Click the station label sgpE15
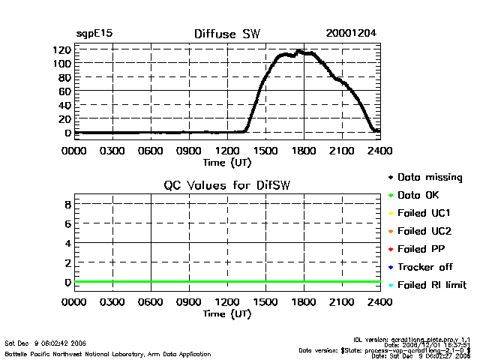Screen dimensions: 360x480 [x=94, y=34]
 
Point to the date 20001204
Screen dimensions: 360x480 [x=350, y=34]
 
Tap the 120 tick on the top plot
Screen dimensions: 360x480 [x=61, y=49]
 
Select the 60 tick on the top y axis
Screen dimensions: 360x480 [x=64, y=91]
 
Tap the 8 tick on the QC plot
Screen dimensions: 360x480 [x=67, y=204]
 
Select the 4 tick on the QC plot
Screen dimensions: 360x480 [x=67, y=243]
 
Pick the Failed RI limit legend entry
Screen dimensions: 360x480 [x=431, y=285]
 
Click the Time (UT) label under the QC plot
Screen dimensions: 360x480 [x=226, y=313]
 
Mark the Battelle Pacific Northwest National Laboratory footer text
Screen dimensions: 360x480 [x=107, y=353]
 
